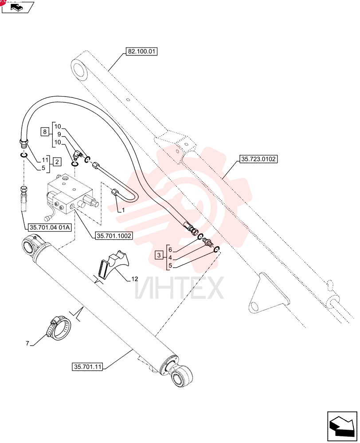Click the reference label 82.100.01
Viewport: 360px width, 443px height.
[x=141, y=51]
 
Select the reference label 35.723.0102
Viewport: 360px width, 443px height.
[x=258, y=159]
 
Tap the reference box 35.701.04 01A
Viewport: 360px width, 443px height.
[x=50, y=227]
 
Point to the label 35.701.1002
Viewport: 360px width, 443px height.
[x=114, y=236]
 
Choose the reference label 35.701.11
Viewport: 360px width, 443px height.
[x=87, y=367]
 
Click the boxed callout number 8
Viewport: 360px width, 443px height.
[x=45, y=132]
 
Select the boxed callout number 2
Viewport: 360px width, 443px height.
[x=57, y=162]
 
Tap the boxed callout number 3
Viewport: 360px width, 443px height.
[x=159, y=255]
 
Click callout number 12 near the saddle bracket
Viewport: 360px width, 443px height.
[x=135, y=279]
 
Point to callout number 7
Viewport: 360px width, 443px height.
[x=27, y=344]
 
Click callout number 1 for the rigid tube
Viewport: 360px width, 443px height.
[x=123, y=210]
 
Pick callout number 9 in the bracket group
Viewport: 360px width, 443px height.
[x=59, y=135]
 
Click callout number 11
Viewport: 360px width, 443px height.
[x=45, y=160]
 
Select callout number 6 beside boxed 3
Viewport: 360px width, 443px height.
[x=170, y=250]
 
